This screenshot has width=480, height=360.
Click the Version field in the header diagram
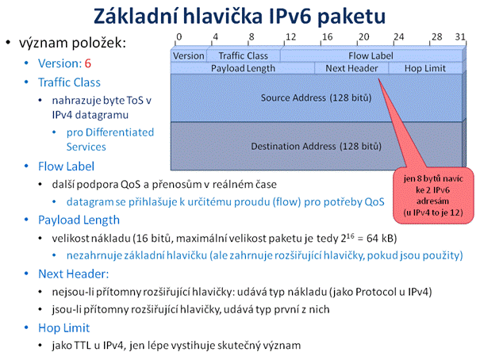189,56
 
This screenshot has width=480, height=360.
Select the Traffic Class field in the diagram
244,56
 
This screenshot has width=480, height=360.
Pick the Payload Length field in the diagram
243,68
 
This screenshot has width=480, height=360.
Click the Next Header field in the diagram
351,68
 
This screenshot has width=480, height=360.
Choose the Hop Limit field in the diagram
425,68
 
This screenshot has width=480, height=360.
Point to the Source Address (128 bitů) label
316,98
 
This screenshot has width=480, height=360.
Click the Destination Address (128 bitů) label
316,146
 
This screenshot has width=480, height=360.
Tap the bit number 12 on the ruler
291,37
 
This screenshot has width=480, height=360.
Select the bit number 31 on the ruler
460,37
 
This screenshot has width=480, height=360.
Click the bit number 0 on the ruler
179,37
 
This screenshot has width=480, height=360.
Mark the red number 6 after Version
88,63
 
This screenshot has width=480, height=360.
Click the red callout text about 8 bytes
433,195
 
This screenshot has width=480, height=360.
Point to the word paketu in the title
351,16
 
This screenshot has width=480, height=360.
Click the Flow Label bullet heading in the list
66,167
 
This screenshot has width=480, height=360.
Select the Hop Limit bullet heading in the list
64,328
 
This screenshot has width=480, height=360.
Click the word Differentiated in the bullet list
120,132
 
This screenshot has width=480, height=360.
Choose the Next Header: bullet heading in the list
74,274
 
